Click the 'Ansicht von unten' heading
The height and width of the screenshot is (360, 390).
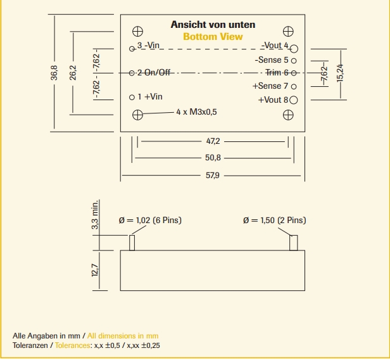pos(213,25)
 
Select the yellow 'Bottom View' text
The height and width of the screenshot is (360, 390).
pos(213,37)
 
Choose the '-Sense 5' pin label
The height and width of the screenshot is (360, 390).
pos(272,60)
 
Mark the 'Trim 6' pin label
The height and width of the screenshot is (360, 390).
pos(277,72)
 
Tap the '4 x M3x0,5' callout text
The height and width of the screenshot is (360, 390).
pos(196,112)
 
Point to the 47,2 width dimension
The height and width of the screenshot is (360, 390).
pos(213,141)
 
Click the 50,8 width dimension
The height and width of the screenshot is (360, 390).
pos(213,158)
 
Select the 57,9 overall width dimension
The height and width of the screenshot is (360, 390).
pos(213,175)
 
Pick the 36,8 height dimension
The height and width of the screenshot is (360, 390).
pos(54,73)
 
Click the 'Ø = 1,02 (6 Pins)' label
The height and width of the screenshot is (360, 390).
pos(150,220)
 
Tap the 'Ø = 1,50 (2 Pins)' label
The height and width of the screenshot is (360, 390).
pos(274,220)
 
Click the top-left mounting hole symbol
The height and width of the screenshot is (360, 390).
pos(137,30)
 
